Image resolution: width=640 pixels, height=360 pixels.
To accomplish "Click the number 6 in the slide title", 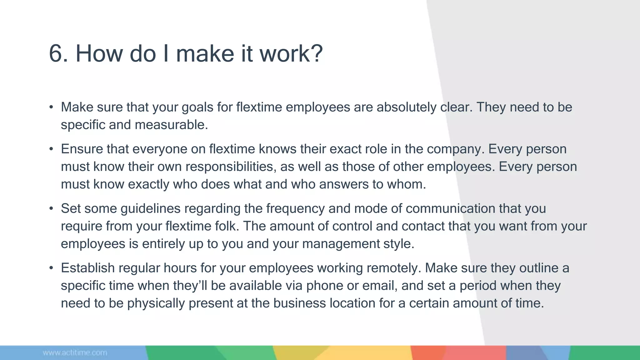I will point(58,53).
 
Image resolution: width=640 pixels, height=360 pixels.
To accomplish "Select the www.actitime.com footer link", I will point(75,353).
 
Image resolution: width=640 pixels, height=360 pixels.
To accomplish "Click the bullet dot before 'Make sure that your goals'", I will point(51,107).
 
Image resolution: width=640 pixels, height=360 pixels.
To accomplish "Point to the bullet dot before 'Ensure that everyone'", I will point(51,149).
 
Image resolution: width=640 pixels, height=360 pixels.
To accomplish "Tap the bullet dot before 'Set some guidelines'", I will point(51,208).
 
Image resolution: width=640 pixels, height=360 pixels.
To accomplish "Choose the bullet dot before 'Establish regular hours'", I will point(51,268).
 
